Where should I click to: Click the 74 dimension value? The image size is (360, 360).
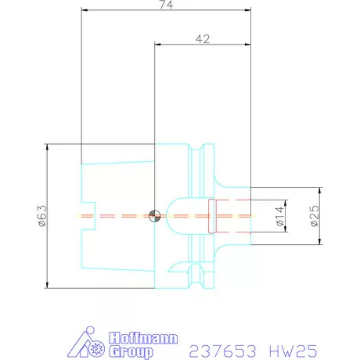[x=165, y=5]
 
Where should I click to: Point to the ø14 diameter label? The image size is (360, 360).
[x=279, y=217]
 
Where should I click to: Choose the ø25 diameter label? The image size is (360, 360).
[x=313, y=217]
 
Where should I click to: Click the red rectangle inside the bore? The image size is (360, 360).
[x=211, y=216]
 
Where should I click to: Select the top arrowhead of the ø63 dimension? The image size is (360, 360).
[x=49, y=147]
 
